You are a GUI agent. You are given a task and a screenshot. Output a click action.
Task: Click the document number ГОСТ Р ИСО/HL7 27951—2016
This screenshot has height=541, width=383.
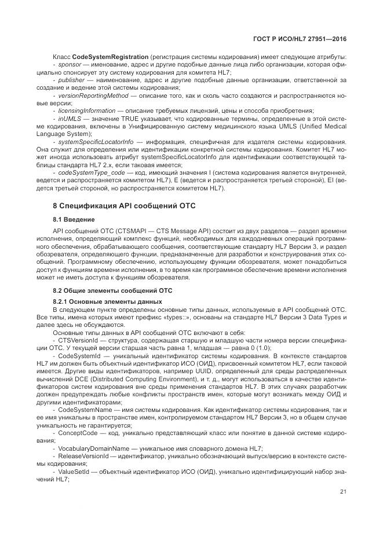click(305, 39)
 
